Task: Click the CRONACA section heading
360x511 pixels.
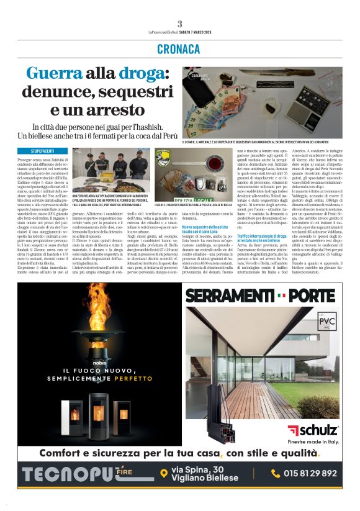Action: (179, 48)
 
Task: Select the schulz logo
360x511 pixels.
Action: (313, 430)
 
